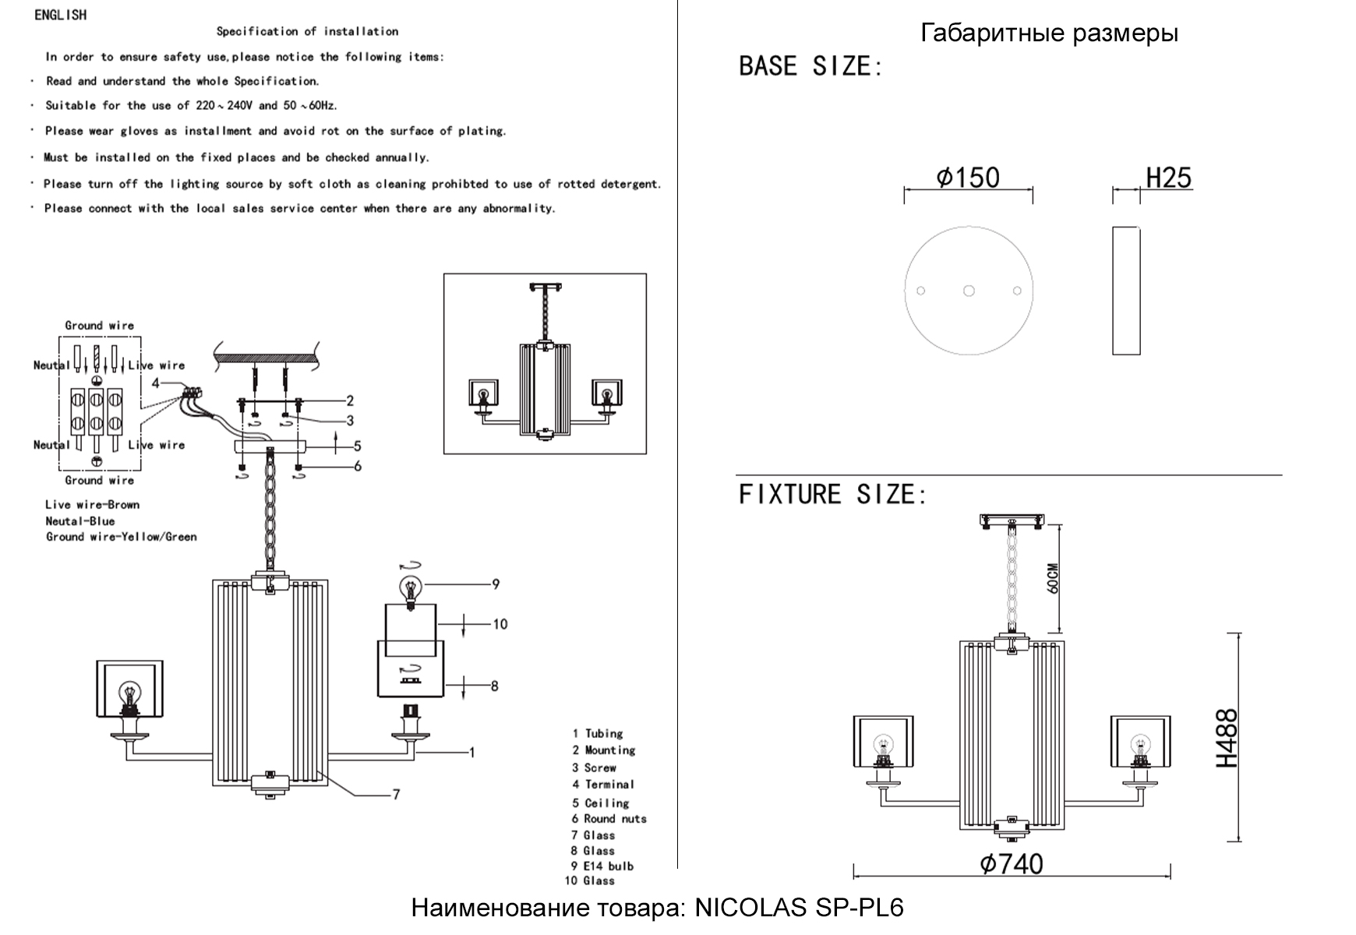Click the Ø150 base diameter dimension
968,178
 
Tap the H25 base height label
1168,178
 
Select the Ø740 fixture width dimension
1012,864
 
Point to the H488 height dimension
1227,738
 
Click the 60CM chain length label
1053,578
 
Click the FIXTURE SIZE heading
832,494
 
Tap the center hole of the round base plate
969,291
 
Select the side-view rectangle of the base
1126,291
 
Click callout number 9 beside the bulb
496,584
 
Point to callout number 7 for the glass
396,795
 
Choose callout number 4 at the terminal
156,383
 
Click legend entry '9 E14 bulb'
602,866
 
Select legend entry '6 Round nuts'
609,819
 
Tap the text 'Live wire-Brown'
92,505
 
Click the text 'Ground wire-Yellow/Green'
121,537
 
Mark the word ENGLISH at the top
61,15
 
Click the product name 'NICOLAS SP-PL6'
798,909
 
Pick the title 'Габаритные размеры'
1049,34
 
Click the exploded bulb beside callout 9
409,588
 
